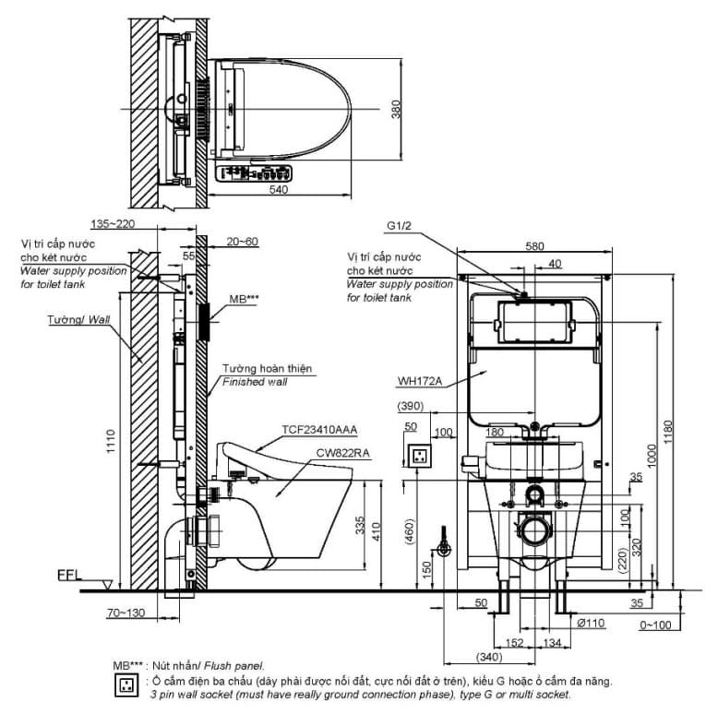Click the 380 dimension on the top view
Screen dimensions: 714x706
pyautogui.click(x=396, y=112)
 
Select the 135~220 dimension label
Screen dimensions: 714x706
pyautogui.click(x=114, y=223)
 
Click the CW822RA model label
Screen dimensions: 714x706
pyautogui.click(x=344, y=452)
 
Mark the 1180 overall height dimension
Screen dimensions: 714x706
pyautogui.click(x=677, y=428)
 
